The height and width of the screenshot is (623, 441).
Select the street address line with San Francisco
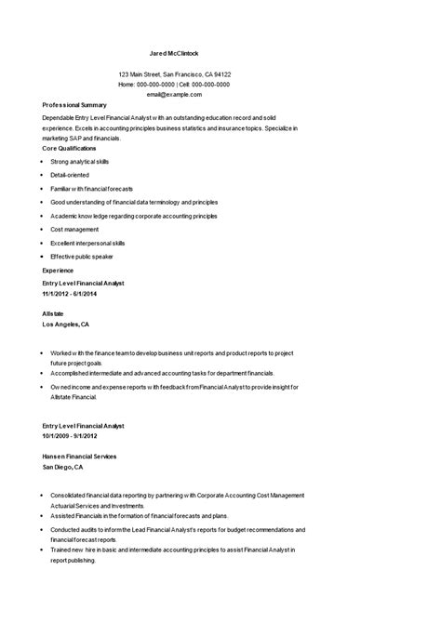pos(175,74)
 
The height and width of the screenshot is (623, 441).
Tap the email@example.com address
pos(174,94)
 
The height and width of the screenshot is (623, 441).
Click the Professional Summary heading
pos(75,105)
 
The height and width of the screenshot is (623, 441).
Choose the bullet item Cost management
pos(74,229)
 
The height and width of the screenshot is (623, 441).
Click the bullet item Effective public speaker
pos(82,256)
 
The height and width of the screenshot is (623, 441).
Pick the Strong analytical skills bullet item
pos(80,161)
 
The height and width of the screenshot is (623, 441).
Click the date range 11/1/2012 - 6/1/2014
pos(70,293)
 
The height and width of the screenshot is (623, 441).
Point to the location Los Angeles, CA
pos(66,325)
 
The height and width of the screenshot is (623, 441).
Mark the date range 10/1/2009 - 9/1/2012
pos(70,435)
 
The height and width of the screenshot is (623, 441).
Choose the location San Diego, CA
pos(62,467)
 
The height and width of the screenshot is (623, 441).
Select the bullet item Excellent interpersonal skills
pos(87,242)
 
